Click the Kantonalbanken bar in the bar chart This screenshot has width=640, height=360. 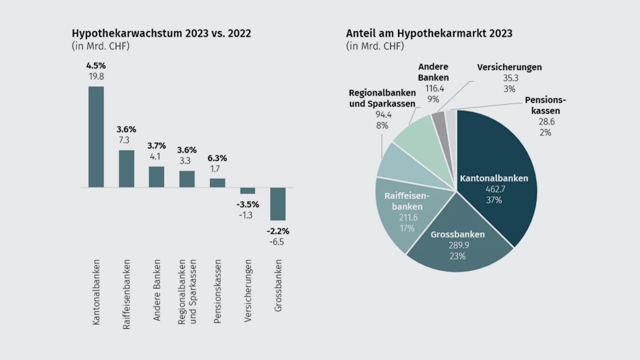coord(96,137)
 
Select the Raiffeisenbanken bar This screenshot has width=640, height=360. coord(127,168)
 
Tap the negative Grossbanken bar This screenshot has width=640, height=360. coord(278,204)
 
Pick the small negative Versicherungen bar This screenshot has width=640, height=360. coord(248,191)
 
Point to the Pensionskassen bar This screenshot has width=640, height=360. coord(217,183)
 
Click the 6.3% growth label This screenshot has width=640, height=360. coord(217,158)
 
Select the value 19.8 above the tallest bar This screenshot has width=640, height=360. coord(96,76)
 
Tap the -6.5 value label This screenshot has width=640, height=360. coord(277,242)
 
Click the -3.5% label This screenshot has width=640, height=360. coord(248,204)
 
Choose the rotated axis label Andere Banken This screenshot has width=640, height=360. coord(157,290)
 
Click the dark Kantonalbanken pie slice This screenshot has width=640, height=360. coord(500,157)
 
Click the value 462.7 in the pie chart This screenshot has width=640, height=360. coord(495,189)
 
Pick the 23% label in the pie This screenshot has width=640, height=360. coord(457,256)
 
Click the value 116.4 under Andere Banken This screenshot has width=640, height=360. coord(434,88)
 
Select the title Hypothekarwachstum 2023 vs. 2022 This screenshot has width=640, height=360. coord(161,33)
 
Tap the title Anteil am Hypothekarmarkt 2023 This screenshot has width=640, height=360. coord(429,33)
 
